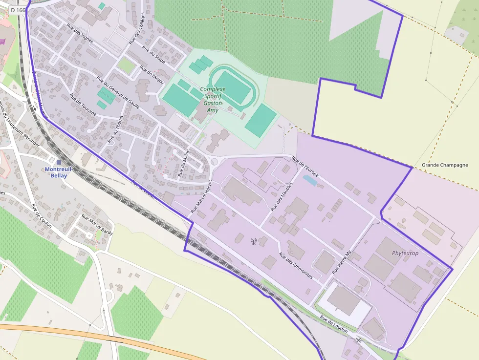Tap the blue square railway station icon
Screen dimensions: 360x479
[59, 163]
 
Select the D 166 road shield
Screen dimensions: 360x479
[18, 10]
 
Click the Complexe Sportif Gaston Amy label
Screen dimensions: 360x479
[213, 100]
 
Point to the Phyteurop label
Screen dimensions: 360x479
[405, 253]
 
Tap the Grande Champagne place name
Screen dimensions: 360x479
[445, 165]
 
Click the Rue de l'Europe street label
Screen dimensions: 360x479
[305, 168]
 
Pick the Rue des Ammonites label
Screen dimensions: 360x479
[295, 266]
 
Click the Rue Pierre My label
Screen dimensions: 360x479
[342, 262]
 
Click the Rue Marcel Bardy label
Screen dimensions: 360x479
[97, 225]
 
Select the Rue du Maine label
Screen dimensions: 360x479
[184, 163]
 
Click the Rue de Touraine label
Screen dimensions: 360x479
[83, 105]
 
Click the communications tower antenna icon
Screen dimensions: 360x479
[253, 241]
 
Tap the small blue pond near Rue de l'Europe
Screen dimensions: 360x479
[310, 180]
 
